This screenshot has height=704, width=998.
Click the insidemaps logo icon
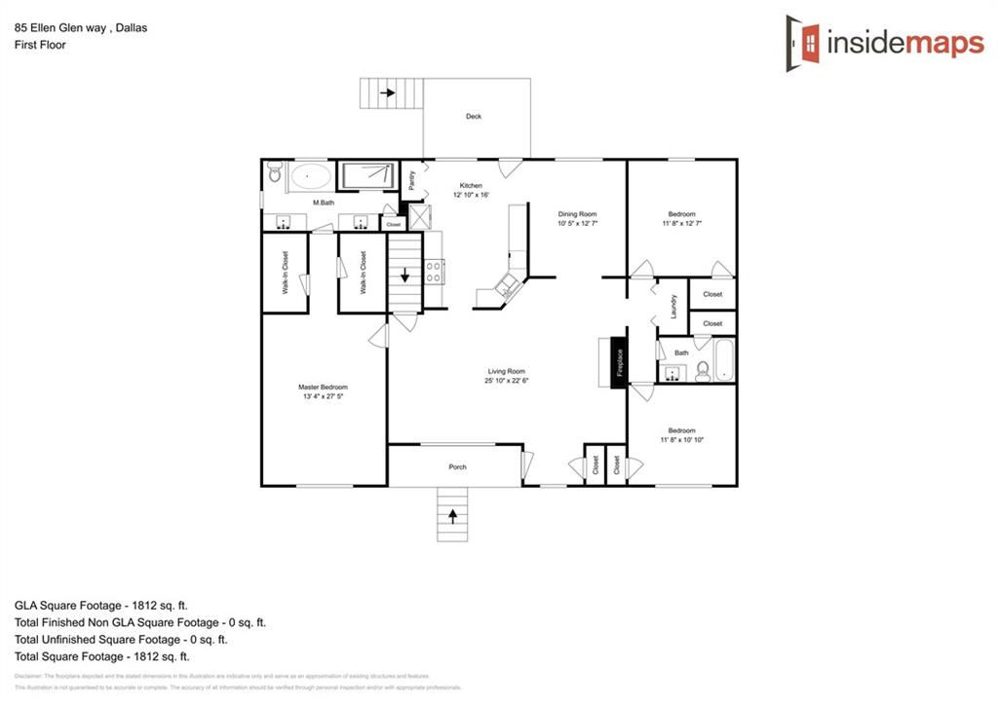pos(803,42)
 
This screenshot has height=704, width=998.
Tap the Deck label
pos(474,117)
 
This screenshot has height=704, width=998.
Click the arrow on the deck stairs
pos(388,93)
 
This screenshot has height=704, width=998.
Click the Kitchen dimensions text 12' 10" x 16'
pos(471,195)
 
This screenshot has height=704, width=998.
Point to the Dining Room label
pos(577,214)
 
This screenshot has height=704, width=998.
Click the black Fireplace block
pos(617,364)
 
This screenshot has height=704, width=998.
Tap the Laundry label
pos(673,307)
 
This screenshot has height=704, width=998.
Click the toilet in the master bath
pos(274,174)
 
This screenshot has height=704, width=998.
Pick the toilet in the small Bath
pos(702,370)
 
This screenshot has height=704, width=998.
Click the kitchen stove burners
pos(434,271)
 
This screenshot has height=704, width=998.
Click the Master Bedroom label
pos(323,388)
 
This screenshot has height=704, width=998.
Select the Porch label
pos(457,467)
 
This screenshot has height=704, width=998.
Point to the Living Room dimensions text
pos(507,381)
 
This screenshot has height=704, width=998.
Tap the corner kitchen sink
pos(507,287)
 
